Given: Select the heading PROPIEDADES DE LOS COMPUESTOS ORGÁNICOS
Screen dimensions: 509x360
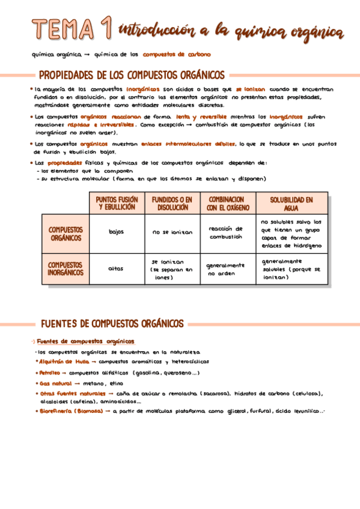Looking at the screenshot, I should [x=132, y=76].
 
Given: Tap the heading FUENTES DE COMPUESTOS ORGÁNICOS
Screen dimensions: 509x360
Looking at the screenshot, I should [x=112, y=324].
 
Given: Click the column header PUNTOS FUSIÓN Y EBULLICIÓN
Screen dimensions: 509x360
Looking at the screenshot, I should [x=117, y=203].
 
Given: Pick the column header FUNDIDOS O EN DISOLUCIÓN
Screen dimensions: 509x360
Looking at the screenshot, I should [x=172, y=203].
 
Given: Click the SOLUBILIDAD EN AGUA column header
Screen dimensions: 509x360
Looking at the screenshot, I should [x=291, y=203].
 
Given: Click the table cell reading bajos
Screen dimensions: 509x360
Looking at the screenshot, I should [x=117, y=232].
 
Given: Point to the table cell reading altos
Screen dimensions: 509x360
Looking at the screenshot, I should [x=116, y=268].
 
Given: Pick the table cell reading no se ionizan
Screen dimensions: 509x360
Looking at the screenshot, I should [x=172, y=232].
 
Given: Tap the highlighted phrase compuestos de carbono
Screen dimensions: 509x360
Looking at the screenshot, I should [x=177, y=55].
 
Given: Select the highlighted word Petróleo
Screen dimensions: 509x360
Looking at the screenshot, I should [x=49, y=373].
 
